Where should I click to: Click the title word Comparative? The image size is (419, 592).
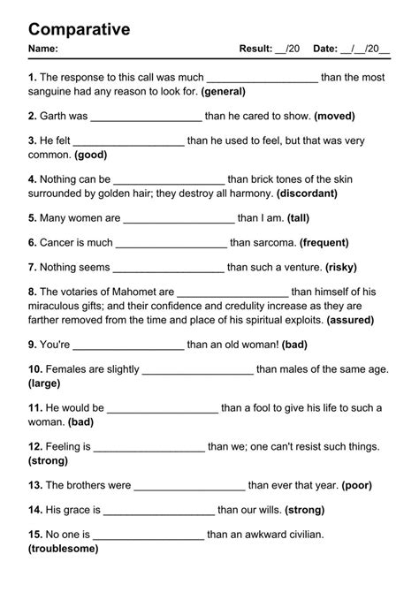(x=80, y=29)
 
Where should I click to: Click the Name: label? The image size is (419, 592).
(x=43, y=49)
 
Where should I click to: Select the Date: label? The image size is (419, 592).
(x=325, y=49)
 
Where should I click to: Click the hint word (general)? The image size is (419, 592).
(x=224, y=91)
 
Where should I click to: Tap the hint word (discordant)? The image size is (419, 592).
(x=308, y=193)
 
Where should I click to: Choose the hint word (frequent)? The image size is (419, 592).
(x=332, y=242)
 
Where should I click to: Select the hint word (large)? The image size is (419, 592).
(x=44, y=383)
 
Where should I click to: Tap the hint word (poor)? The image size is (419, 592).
(x=356, y=485)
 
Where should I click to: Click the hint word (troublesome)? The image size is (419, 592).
(x=66, y=549)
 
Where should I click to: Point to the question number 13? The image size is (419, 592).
(x=35, y=485)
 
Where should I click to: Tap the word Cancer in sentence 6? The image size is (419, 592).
(x=61, y=242)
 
